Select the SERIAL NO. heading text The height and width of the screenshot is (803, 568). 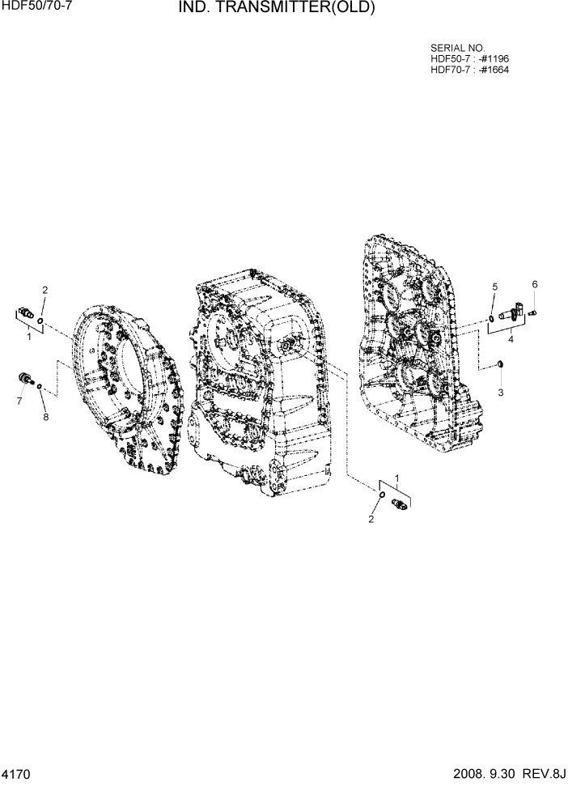pos(458,49)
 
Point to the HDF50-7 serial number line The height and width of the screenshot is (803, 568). pos(469,59)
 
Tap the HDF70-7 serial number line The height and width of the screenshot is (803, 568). pos(469,70)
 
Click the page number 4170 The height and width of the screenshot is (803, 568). pos(16,775)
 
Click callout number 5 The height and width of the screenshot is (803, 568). pos(495,287)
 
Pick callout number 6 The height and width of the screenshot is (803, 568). pos(534,284)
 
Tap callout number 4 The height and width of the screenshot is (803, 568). pos(511,340)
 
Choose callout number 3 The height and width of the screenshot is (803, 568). pos(500,392)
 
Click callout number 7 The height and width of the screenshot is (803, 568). pos(19,401)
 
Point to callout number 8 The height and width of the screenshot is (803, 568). pos(45,417)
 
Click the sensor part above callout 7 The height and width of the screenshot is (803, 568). pos(25,378)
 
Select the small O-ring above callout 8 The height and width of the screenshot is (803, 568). pos(39,389)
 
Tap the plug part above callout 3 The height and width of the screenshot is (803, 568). pos(500,363)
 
